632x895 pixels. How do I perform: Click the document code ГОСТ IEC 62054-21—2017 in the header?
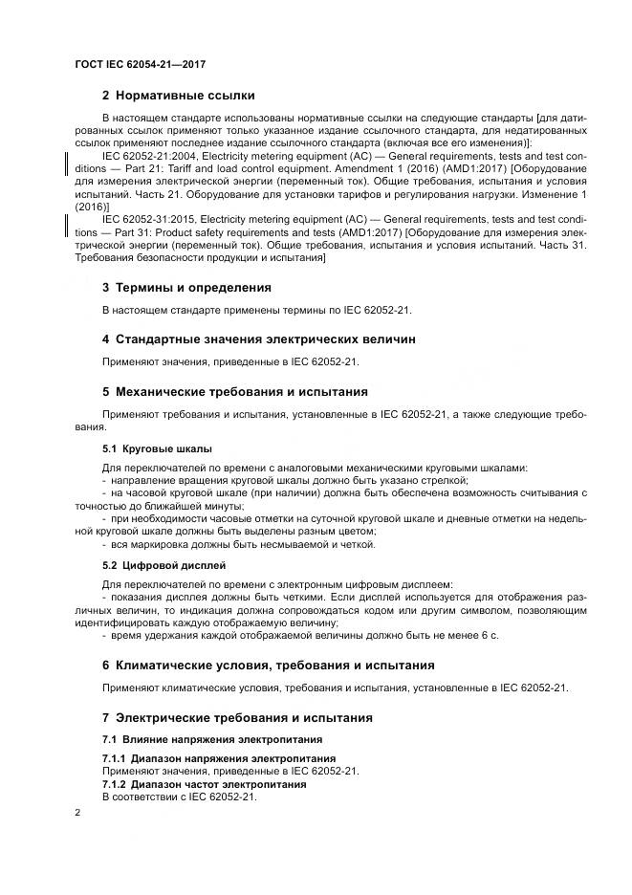[x=141, y=64]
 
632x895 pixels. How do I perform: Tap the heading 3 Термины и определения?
[x=185, y=287]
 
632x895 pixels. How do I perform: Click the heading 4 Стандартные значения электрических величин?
[x=258, y=339]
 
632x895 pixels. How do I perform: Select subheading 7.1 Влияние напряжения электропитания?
[x=212, y=739]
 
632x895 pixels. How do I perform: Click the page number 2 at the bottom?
[x=77, y=813]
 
